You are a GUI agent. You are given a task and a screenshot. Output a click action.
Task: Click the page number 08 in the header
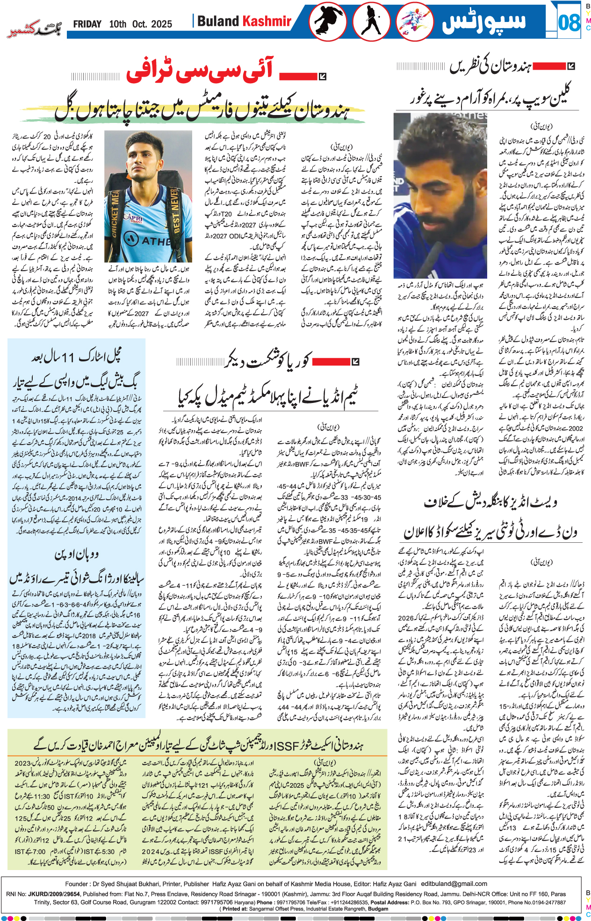coord(569,22)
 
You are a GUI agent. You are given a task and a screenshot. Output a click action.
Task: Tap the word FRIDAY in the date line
coord(87,24)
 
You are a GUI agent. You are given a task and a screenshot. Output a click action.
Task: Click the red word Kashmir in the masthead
coord(267,21)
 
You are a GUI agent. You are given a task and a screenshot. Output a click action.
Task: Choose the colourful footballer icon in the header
coord(414,22)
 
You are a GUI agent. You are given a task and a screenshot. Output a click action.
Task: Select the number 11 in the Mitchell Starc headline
coord(68,358)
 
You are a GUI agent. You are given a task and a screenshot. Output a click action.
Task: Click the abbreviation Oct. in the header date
coord(139,24)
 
